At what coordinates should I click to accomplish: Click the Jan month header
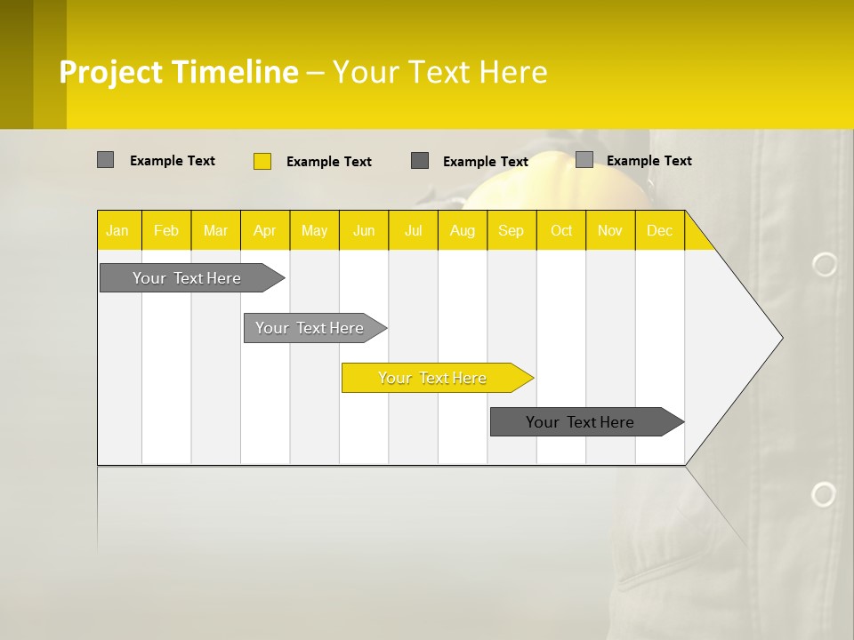pyautogui.click(x=117, y=231)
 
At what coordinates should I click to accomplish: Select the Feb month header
pyautogui.click(x=166, y=231)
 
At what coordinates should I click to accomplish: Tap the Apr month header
pyautogui.click(x=264, y=231)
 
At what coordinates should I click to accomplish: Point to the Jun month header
pyautogui.click(x=364, y=231)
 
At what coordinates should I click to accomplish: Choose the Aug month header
pyautogui.click(x=463, y=231)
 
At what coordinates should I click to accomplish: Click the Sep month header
pyautogui.click(x=511, y=231)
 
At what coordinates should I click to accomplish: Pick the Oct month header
pyautogui.click(x=561, y=231)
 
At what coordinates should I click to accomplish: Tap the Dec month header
pyautogui.click(x=659, y=231)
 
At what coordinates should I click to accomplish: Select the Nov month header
pyautogui.click(x=610, y=231)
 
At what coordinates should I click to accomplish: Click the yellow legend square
pyautogui.click(x=262, y=161)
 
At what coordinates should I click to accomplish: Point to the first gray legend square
pyautogui.click(x=106, y=160)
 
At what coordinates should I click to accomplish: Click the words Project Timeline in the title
pyautogui.click(x=178, y=72)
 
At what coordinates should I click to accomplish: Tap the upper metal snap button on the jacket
pyautogui.click(x=825, y=264)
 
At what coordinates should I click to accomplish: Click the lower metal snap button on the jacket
pyautogui.click(x=824, y=494)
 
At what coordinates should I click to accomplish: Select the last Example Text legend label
pyautogui.click(x=649, y=161)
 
